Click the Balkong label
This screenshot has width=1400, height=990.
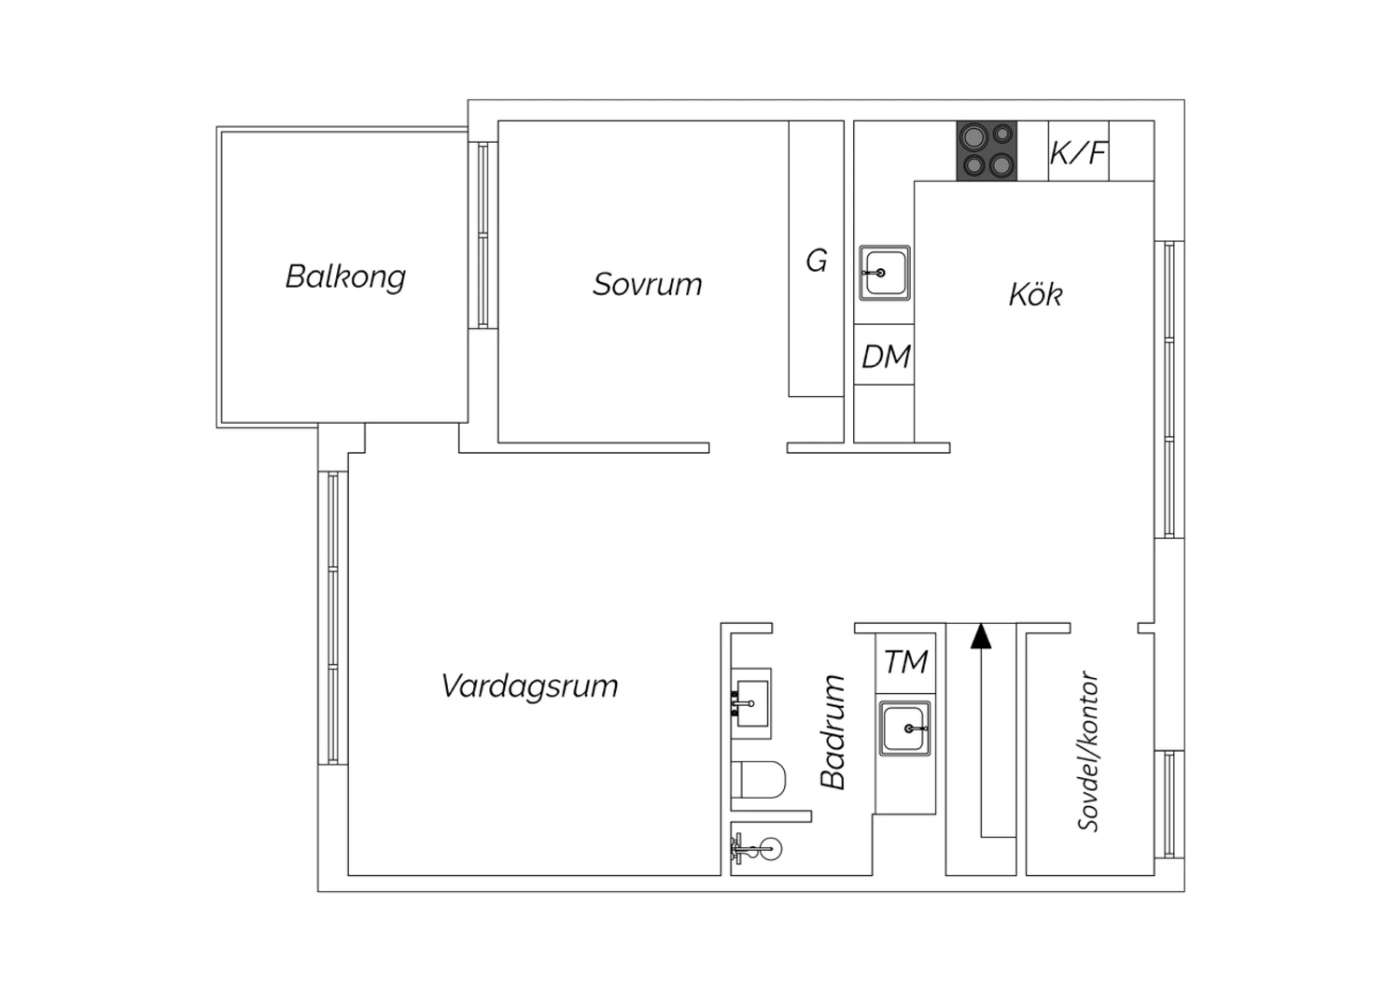point(345,277)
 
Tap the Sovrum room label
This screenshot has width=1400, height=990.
point(647,284)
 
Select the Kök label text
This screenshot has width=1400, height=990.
point(1035,295)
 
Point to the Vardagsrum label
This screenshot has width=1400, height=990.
point(529,686)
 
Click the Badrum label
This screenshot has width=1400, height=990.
point(833,732)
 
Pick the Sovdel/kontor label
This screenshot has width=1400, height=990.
point(1088,751)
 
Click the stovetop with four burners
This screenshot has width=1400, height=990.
point(987,151)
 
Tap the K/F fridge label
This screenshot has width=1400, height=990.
point(1078,152)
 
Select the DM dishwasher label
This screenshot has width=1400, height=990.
point(885,356)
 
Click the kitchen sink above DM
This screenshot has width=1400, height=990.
point(884,273)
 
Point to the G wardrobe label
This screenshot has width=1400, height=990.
point(817,261)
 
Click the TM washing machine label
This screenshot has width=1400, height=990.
point(905,662)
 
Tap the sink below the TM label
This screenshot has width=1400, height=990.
point(904,728)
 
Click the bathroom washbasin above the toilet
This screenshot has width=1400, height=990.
point(751,698)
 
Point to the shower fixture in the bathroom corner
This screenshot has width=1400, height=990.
point(759,849)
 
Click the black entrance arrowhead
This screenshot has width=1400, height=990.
point(980,636)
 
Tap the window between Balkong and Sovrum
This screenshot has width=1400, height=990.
point(483,234)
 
